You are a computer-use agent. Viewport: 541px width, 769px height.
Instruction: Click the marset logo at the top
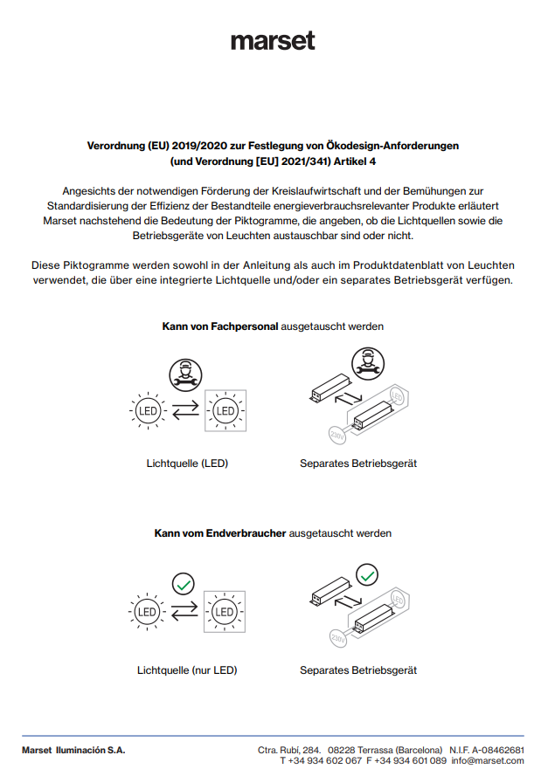(272, 41)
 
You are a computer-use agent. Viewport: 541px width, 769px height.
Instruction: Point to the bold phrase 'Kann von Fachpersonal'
(220, 326)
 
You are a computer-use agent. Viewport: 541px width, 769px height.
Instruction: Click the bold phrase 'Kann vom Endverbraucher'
(220, 532)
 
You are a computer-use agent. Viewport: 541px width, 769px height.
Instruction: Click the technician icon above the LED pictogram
(185, 373)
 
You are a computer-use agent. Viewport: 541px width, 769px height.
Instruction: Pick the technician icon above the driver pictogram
(367, 361)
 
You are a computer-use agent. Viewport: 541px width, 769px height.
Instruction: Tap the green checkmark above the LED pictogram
(184, 583)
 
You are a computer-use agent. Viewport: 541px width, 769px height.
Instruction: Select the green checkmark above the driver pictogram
(368, 574)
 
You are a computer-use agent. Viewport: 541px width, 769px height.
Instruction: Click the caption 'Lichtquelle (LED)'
(187, 463)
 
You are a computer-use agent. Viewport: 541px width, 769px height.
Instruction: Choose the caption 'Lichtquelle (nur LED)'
(187, 670)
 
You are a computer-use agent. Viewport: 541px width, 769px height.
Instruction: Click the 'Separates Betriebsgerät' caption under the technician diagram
(358, 463)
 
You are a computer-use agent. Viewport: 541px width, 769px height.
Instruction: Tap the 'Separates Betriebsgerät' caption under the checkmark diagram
(358, 670)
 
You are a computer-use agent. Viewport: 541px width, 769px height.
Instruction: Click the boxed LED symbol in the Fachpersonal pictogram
(225, 410)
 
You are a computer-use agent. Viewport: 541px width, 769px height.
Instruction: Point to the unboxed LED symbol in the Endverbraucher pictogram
(147, 612)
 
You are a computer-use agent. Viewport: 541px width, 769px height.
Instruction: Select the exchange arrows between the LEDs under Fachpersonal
(185, 410)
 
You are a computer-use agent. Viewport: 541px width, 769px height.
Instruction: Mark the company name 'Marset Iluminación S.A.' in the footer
(73, 750)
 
